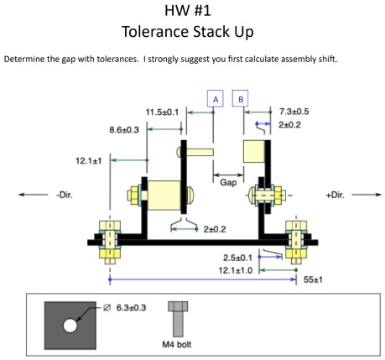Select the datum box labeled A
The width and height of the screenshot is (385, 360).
tap(215, 99)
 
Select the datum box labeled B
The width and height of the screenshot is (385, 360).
tap(242, 99)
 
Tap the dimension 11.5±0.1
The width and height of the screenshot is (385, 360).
tap(163, 112)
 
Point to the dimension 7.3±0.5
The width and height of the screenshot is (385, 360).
tap(293, 111)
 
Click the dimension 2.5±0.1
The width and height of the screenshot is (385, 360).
tap(238, 258)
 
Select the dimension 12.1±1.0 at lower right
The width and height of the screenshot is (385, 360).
tap(237, 270)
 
